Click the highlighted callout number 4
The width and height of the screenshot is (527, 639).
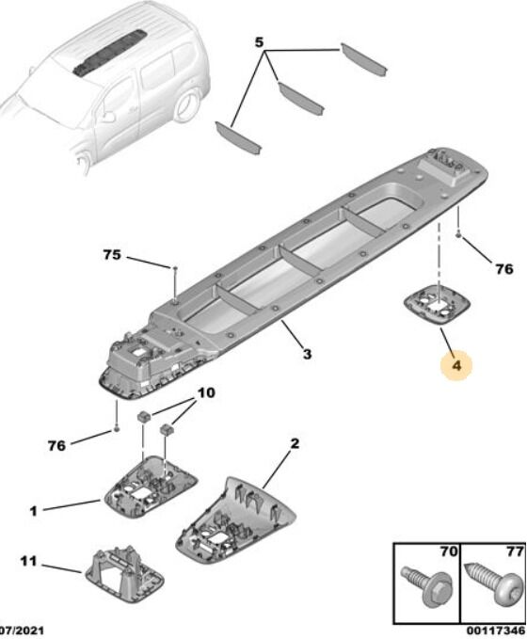(457, 365)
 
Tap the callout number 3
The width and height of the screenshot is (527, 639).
(308, 353)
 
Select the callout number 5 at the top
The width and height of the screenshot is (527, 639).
(259, 42)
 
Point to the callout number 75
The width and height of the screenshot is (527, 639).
(112, 255)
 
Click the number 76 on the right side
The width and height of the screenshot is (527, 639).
(503, 269)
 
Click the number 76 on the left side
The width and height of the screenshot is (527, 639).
(56, 445)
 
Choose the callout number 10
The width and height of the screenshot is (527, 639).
(206, 392)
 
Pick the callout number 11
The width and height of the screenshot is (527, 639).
(28, 561)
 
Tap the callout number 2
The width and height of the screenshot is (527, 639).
(295, 443)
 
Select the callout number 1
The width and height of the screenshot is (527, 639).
(34, 511)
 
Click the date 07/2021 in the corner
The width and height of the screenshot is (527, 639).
(22, 631)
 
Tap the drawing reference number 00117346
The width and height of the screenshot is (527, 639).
(496, 631)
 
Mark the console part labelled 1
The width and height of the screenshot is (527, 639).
(151, 487)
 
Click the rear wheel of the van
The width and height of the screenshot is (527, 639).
(187, 104)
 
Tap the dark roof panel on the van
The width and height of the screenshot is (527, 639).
(110, 53)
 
